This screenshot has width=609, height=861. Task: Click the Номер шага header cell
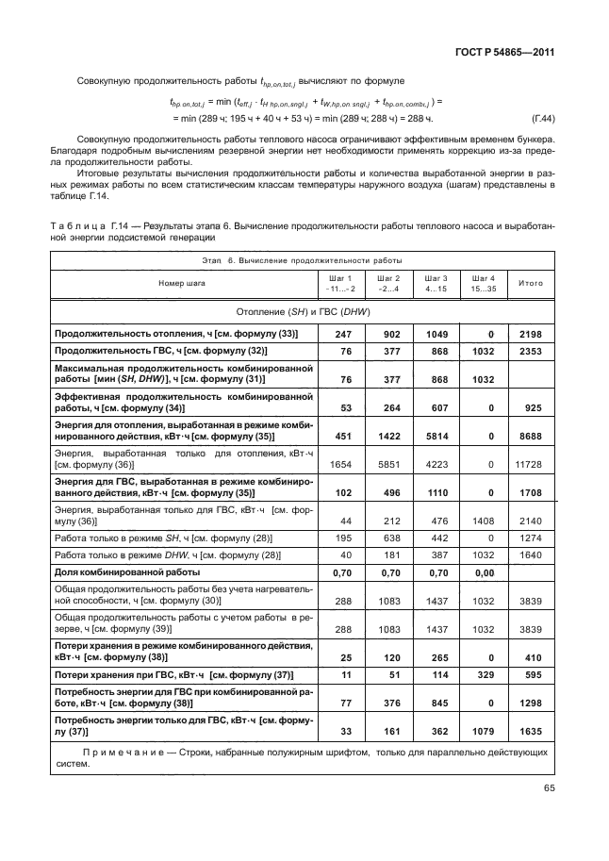[182, 282]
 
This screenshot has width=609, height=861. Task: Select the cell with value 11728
[528, 465]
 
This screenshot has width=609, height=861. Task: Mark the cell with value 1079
[484, 731]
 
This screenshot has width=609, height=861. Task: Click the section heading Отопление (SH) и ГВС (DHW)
[302, 311]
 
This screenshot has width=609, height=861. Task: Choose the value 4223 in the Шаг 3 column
[435, 465]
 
